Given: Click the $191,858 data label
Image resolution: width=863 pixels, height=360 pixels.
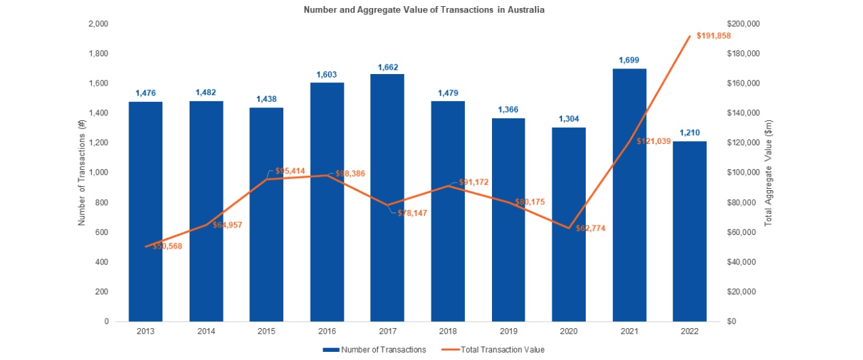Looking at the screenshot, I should pyautogui.click(x=714, y=35).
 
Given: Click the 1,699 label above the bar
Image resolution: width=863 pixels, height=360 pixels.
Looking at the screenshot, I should pyautogui.click(x=629, y=60).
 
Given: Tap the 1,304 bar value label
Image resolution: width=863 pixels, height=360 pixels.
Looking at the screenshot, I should pyautogui.click(x=569, y=119).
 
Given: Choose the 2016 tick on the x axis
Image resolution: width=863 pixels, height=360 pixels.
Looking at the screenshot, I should pyautogui.click(x=327, y=332).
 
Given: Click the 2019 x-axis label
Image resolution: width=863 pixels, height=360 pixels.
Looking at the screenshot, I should pyautogui.click(x=508, y=332).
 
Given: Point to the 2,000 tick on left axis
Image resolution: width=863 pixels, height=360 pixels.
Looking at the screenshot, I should pyautogui.click(x=99, y=24).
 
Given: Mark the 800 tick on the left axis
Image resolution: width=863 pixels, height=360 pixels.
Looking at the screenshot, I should pyautogui.click(x=102, y=202).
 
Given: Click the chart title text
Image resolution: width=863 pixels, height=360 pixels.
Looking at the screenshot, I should pyautogui.click(x=425, y=10).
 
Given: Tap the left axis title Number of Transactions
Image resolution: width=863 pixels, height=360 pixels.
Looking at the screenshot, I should pyautogui.click(x=82, y=173).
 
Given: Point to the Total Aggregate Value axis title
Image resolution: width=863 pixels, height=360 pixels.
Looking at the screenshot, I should pyautogui.click(x=769, y=173).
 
